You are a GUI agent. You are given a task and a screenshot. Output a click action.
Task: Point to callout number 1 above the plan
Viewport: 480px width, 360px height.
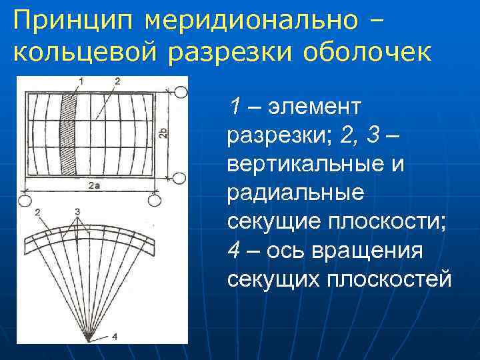click(81, 81)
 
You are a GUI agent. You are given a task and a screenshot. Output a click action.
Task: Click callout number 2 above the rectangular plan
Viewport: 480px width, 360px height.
click(117, 81)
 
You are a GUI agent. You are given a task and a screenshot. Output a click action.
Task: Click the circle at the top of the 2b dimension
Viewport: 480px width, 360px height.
click(179, 91)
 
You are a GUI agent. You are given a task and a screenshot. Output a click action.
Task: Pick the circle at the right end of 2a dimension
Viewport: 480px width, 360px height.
click(155, 199)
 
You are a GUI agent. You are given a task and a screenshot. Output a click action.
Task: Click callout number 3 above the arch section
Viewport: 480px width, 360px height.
click(78, 212)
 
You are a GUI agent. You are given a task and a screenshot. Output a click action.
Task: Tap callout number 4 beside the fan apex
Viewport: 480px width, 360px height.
click(115, 337)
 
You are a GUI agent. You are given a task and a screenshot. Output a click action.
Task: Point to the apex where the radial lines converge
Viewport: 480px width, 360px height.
click(88, 338)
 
